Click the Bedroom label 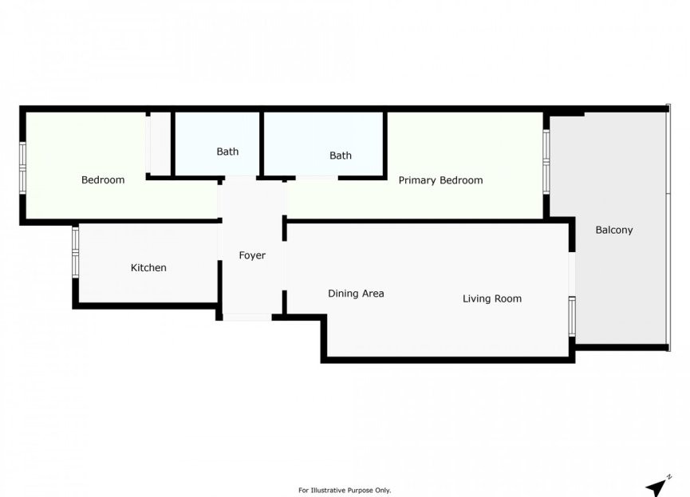pos(103,179)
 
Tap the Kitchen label pos(148,267)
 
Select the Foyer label pos(252,255)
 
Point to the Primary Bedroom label pos(440,180)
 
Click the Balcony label pos(614,230)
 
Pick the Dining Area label pos(356,293)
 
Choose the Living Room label pos(492,298)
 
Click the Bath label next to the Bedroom pos(227,151)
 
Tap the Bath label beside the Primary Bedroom pos(341,156)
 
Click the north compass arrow pos(658,485)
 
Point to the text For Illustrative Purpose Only pos(345,490)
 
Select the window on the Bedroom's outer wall pos(22,167)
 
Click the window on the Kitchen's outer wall pos(75,252)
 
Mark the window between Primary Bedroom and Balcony pos(546,161)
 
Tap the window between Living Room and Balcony pos(572,315)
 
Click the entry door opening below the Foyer pos(246,318)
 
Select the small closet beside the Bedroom pos(160,144)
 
